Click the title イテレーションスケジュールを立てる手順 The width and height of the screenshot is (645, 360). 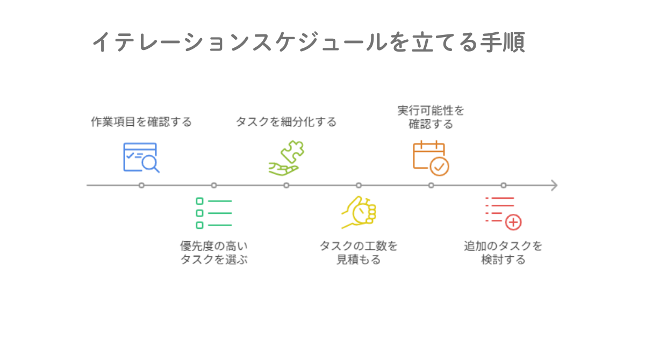[x=309, y=42]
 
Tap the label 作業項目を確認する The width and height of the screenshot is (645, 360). [x=141, y=122]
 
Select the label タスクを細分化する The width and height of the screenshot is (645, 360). [x=286, y=122]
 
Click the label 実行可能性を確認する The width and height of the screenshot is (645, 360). [x=431, y=118]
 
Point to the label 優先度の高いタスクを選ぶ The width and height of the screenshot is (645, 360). [x=214, y=253]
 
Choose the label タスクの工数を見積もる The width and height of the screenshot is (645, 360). [x=359, y=253]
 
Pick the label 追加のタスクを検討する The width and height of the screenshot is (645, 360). [x=503, y=253]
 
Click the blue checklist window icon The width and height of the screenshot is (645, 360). [x=141, y=157]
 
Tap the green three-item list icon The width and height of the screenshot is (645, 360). [x=214, y=213]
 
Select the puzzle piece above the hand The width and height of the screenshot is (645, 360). [x=292, y=151]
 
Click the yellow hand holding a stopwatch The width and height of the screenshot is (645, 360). [x=359, y=212]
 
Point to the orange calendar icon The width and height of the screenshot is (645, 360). [x=431, y=158]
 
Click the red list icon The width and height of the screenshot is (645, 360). [x=503, y=213]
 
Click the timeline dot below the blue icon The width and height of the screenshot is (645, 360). [x=141, y=185]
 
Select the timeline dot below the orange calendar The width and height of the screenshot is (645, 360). [x=431, y=185]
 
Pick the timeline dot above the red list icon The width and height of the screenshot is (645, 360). [x=503, y=185]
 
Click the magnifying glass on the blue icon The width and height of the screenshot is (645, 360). [x=150, y=163]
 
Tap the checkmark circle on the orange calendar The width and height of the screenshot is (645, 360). [x=440, y=167]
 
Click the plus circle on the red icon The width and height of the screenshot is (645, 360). [x=513, y=222]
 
